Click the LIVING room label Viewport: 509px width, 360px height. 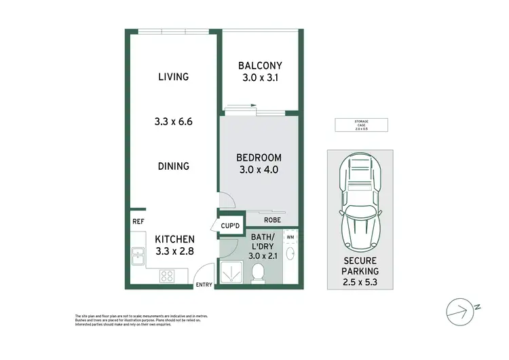[173, 77]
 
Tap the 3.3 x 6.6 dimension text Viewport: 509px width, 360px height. [173, 122]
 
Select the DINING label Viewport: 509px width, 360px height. [173, 166]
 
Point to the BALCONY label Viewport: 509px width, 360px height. [260, 66]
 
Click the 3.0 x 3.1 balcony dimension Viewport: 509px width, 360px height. [260, 78]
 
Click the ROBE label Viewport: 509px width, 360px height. [272, 219]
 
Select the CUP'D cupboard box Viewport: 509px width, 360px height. [229, 226]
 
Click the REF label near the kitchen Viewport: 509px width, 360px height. [138, 221]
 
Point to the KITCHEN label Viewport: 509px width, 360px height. [175, 239]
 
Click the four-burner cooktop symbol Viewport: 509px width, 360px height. [168, 275]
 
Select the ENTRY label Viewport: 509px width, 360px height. [204, 285]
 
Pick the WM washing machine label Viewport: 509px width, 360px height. [290, 236]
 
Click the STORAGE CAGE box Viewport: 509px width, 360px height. [360, 124]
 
